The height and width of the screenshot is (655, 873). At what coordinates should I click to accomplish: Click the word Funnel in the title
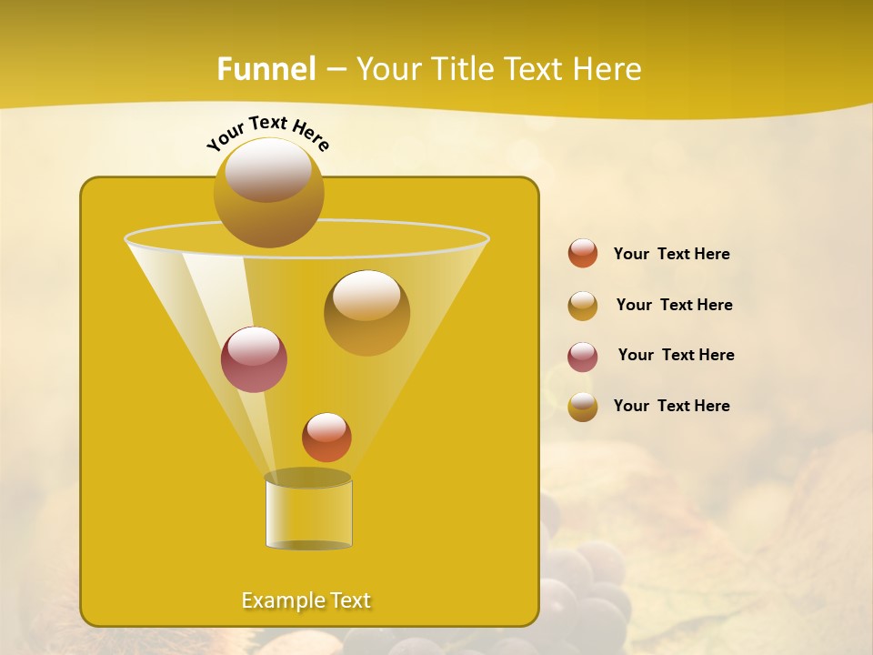click(266, 69)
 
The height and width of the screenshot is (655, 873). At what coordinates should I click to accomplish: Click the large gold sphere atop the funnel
click(268, 192)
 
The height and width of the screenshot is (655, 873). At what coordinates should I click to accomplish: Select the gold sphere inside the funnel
click(366, 312)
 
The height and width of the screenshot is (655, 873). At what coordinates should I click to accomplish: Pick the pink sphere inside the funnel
click(254, 359)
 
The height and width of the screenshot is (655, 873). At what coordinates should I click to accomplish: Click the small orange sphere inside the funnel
click(326, 437)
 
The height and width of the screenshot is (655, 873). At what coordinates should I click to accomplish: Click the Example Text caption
click(306, 600)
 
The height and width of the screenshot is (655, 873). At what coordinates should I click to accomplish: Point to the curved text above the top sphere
click(268, 132)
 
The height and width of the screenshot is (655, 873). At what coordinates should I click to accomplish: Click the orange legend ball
click(583, 253)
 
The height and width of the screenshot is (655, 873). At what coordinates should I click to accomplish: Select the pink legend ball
click(583, 357)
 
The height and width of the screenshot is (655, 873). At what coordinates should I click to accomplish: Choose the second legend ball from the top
click(583, 306)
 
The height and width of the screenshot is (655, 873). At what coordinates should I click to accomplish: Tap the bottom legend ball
click(583, 407)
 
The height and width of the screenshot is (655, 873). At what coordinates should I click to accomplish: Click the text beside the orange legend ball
click(671, 255)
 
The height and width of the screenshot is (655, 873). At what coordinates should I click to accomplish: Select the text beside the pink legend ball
click(676, 356)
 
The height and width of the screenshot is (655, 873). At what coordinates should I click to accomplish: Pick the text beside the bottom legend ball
click(671, 406)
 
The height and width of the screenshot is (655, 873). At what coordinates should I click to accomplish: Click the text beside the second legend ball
click(674, 306)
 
